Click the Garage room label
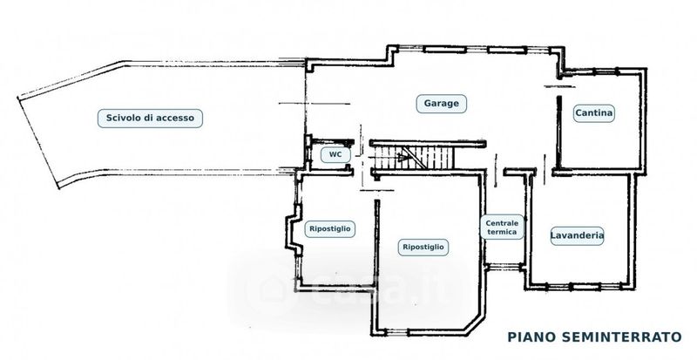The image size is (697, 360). point(441,104)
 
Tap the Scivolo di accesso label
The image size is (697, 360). point(150,119)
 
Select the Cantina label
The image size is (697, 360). point(593,113)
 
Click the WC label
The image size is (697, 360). point(335,155)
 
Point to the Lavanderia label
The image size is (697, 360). point(577,236)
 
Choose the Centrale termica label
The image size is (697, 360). point(502,228)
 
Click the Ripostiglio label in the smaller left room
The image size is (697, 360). point(330,229)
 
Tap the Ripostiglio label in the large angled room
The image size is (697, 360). point(423,247)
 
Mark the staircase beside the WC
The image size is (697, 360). point(413,159)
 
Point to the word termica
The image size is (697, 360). point(502,232)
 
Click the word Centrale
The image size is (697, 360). point(502,223)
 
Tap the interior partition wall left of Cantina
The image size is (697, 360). point(558,132)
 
